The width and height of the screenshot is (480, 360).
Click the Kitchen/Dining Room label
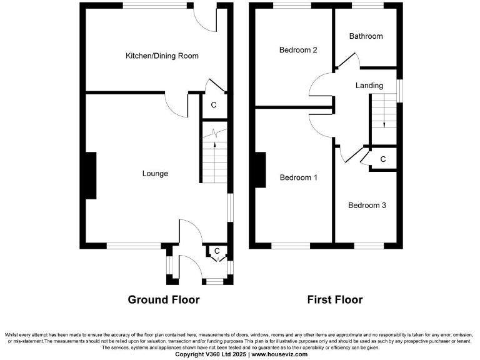click(162, 56)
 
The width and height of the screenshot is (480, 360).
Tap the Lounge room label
click(155, 173)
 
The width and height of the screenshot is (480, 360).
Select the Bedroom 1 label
click(298, 177)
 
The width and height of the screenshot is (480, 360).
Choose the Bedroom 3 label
click(367, 205)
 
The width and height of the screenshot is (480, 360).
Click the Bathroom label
click(366, 36)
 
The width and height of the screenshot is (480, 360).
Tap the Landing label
click(369, 85)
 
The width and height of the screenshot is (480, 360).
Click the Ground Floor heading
click(164, 300)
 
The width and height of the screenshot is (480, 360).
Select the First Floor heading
click(334, 300)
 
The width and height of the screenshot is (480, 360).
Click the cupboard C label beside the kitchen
click(213, 105)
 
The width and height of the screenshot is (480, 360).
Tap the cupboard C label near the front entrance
click(217, 251)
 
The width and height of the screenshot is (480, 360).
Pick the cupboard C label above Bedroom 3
click(382, 160)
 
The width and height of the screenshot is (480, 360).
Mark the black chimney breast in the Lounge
click(91, 176)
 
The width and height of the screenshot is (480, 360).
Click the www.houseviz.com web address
click(280, 354)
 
